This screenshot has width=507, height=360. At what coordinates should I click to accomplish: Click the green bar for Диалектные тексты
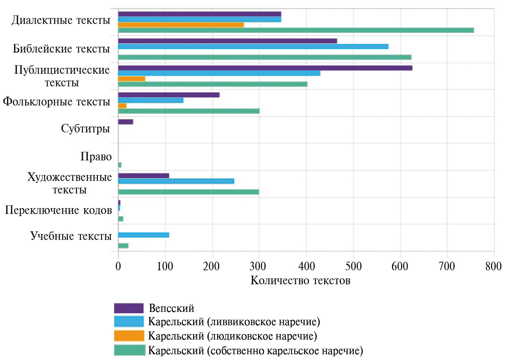pos(296,30)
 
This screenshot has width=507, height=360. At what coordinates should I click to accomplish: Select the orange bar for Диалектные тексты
pos(181,25)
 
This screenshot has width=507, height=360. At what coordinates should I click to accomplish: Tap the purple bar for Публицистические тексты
pos(265,68)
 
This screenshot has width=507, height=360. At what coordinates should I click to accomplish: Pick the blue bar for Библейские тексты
pos(253,46)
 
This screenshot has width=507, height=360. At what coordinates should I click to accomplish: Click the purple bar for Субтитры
pos(126,122)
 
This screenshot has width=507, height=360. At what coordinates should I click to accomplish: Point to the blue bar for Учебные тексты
pos(143,235)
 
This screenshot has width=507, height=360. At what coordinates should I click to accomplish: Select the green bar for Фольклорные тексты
pos(189,111)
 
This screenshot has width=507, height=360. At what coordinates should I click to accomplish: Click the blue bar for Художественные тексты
pos(176,181)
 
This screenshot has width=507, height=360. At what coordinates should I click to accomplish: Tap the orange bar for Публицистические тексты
pos(132,79)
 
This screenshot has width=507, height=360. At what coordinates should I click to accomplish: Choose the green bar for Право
pos(120,165)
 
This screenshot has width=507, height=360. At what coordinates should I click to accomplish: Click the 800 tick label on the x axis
pos(493,266)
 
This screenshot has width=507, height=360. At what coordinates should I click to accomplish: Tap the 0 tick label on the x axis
pos(118,266)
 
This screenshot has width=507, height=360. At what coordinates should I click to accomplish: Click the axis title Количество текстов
pos(300,280)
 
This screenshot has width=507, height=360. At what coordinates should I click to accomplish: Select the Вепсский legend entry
pos(171,308)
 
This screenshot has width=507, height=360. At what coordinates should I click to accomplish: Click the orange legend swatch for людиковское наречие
pos(129,336)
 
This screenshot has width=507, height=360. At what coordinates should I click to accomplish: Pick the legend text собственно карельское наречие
pos(256,350)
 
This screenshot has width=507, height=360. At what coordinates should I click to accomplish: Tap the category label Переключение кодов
pos(58,210)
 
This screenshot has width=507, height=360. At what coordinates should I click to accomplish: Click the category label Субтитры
pos(85,129)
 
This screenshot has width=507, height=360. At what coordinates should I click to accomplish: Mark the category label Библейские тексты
pos(61,49)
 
